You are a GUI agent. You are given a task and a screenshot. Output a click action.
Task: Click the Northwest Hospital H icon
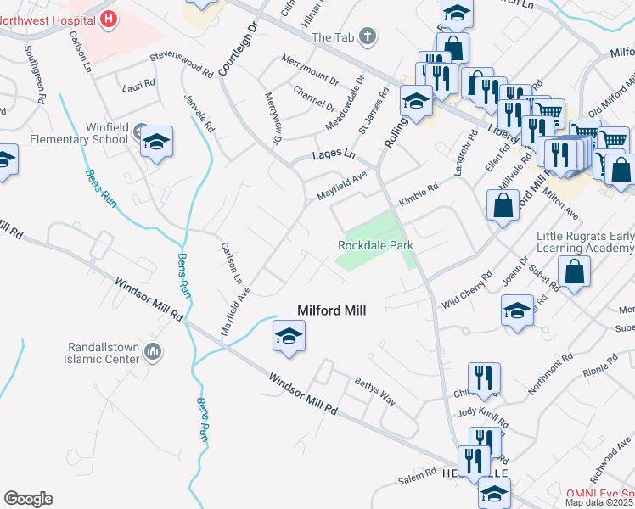coord(108,18)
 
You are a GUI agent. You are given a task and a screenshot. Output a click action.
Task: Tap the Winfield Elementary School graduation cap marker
coord(157,143)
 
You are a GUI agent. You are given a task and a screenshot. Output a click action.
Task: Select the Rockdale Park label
coord(375,245)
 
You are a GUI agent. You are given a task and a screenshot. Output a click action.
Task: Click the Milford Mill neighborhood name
coord(331,311)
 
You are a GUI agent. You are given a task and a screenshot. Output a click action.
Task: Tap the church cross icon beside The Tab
coord(367,36)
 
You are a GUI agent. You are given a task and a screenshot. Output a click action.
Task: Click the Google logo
coord(28,499)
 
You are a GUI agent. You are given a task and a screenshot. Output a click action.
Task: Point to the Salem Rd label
coord(416,480)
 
